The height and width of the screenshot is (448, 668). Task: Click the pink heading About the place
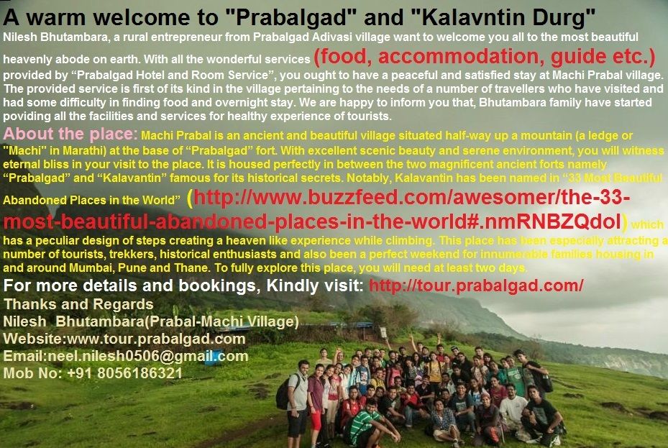70,134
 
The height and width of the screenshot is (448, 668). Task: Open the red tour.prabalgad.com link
476,285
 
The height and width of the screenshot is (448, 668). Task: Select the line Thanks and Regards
78,304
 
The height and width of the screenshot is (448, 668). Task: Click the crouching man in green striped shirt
367,424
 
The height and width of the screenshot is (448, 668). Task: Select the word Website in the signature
33,339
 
